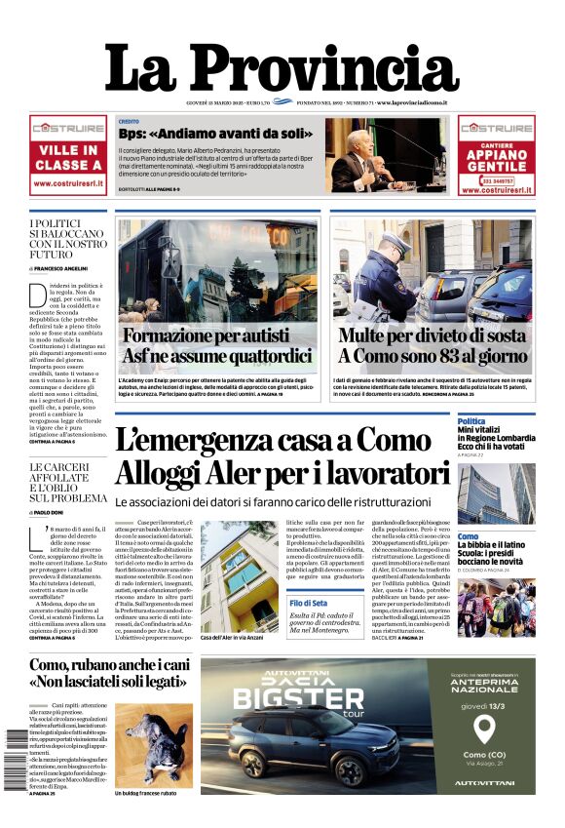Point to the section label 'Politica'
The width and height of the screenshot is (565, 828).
(471, 421)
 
